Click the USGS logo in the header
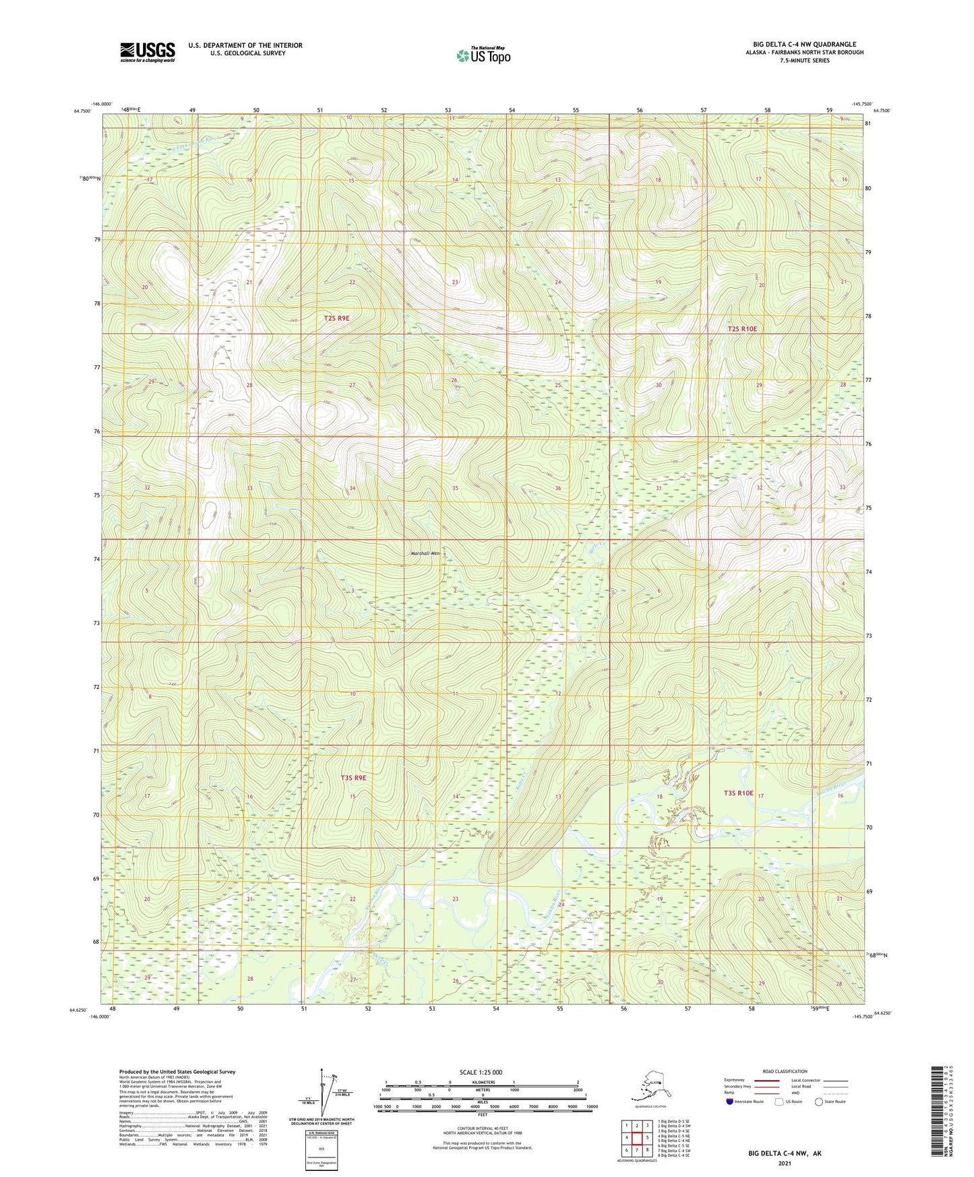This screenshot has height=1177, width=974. [148, 52]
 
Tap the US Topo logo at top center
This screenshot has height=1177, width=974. [483, 55]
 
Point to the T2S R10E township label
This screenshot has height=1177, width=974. [742, 329]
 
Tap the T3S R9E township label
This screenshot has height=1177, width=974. [353, 777]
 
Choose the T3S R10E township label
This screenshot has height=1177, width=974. [738, 793]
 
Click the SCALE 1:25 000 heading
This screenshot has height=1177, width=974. [481, 1072]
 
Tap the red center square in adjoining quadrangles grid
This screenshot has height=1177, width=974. [636, 1138]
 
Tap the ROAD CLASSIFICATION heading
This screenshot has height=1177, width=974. [785, 1071]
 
